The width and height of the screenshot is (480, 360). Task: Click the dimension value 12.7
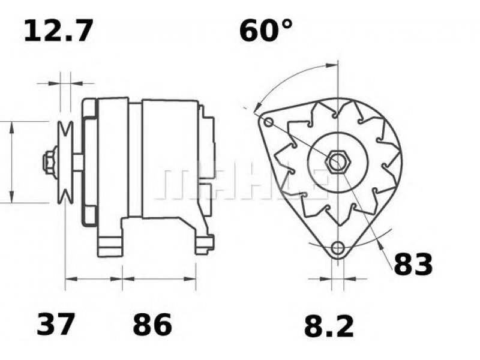click(58, 31)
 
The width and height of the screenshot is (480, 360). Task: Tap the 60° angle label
click(266, 31)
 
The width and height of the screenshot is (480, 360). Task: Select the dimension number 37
click(56, 325)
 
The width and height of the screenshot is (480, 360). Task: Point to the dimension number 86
click(152, 325)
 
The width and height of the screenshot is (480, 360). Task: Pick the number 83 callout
click(413, 264)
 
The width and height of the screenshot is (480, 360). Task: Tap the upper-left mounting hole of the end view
click(268, 123)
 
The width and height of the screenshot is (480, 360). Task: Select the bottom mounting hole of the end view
click(338, 247)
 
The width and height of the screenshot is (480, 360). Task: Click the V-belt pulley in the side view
click(64, 161)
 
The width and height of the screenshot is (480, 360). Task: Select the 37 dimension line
click(93, 279)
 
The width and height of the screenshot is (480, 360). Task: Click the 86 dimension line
click(159, 279)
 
